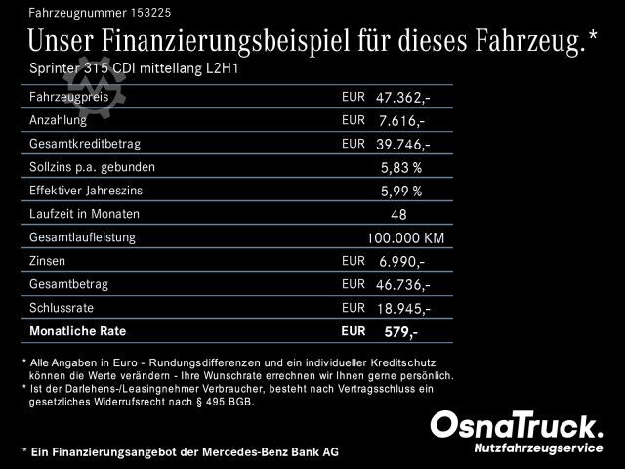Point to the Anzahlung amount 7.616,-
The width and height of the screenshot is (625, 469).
coord(401,121)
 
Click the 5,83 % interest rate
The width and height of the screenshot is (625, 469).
coord(401,167)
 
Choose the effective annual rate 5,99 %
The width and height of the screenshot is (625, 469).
coord(401,191)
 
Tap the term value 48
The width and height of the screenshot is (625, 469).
coord(397,214)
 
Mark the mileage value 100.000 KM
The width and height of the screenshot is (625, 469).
coord(405,237)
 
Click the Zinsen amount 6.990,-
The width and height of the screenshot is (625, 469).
coord(401,262)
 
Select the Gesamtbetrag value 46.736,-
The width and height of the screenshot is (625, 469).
coord(402,285)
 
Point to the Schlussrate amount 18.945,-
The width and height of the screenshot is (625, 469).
coord(402,308)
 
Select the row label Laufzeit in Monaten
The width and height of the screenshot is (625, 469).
coord(85,214)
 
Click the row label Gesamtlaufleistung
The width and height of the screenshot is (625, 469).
coord(83,237)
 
